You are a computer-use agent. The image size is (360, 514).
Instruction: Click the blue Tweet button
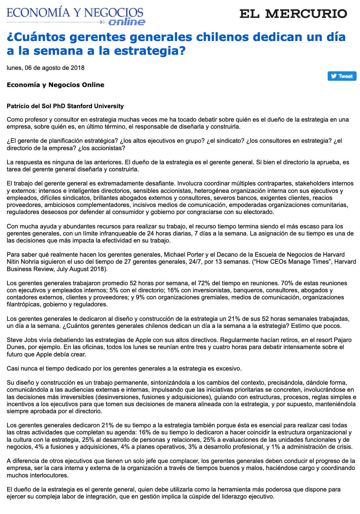342,76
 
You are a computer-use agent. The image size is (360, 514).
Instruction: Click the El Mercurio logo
293,14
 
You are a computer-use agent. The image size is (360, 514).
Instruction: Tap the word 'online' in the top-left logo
127,22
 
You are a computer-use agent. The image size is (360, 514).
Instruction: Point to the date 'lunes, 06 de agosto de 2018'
46,68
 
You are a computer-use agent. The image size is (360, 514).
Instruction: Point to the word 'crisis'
345,447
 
